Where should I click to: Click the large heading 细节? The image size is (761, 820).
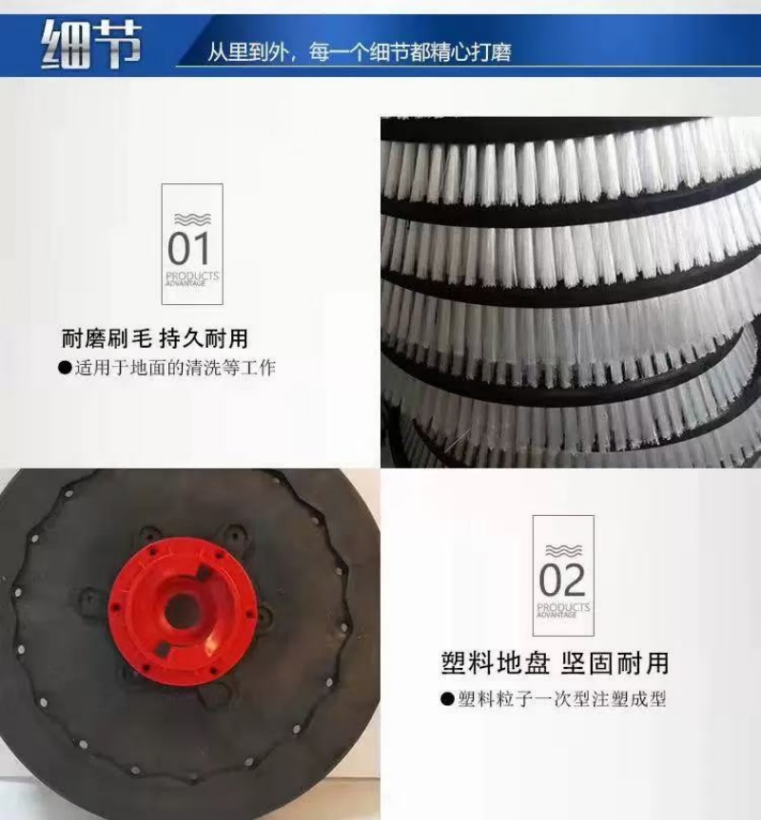[x=91, y=45]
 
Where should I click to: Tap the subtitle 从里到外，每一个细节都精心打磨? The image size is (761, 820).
[x=359, y=52]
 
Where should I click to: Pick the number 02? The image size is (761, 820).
[x=562, y=580]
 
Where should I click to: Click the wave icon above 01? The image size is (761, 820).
[x=192, y=219]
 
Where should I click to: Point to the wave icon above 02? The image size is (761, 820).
[x=564, y=551]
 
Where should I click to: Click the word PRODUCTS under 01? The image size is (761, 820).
[x=192, y=276]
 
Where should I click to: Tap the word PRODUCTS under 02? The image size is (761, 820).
[x=564, y=607]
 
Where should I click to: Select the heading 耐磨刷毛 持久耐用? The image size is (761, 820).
[x=155, y=339]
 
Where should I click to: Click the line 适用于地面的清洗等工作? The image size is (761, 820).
[x=175, y=368]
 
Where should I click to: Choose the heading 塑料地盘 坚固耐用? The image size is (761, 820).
[x=556, y=663]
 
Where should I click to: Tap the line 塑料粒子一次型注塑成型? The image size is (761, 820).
[x=561, y=699]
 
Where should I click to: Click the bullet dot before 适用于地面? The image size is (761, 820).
[x=65, y=368]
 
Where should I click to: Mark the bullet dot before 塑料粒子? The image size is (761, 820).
[x=447, y=699]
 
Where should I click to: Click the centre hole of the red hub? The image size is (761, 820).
[x=181, y=610]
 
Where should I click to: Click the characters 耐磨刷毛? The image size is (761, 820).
[x=107, y=339]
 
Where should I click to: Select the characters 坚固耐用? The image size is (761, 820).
[x=615, y=663]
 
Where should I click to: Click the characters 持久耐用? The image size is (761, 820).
[x=204, y=339]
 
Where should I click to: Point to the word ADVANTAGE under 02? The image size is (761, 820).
[x=556, y=616]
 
